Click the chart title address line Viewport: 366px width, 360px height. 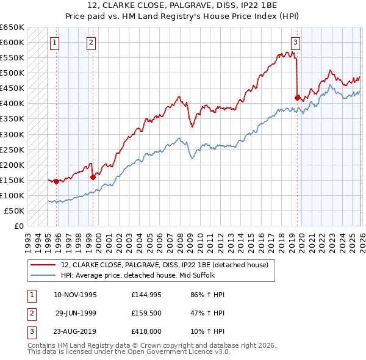coord(182,5)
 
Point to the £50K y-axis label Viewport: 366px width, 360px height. coord(14,211)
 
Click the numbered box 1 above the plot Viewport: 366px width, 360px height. coord(55,42)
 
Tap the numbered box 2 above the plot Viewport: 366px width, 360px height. coord(91,42)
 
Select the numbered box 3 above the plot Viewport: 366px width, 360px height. coord(295,42)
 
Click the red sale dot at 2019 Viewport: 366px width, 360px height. coord(297,98)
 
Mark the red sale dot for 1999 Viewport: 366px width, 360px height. coord(93,177)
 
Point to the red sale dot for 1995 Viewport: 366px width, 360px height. coord(56,181)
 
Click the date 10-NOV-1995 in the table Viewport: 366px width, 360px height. coord(75,295)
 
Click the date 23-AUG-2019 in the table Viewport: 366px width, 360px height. coord(75,333)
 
